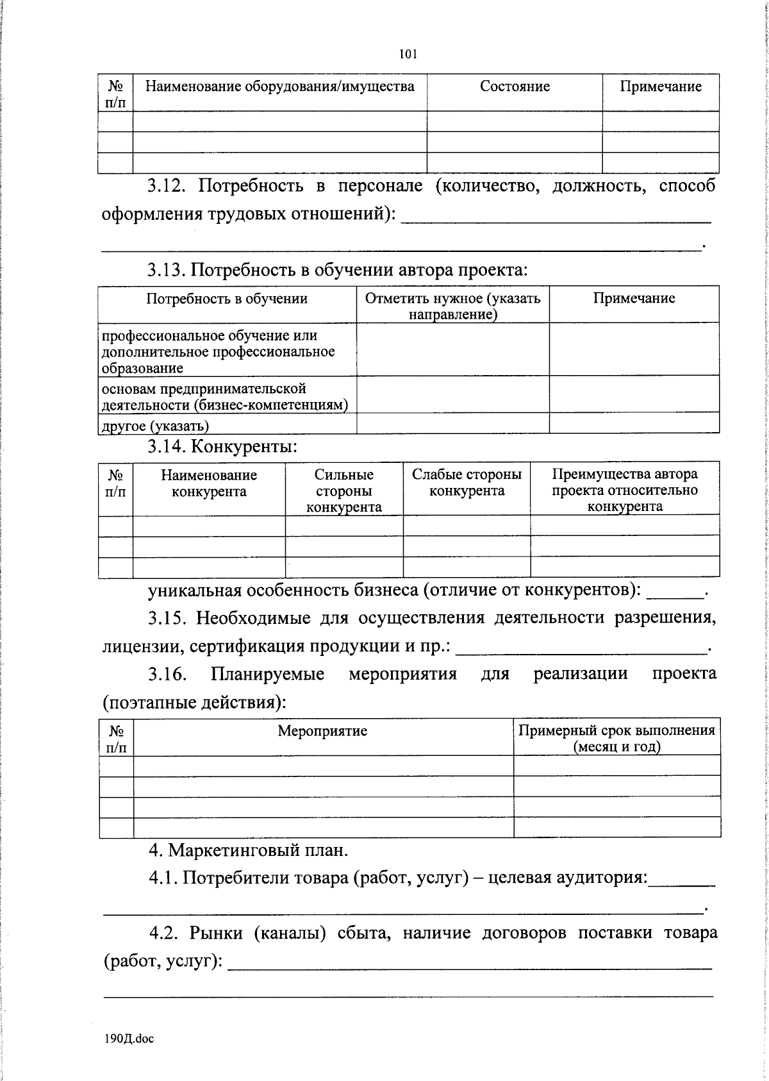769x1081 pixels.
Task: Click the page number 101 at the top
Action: click(x=408, y=54)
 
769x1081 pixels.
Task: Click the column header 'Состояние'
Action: click(x=515, y=87)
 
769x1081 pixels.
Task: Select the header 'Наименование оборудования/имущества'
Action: click(x=279, y=87)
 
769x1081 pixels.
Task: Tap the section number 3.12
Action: click(x=167, y=187)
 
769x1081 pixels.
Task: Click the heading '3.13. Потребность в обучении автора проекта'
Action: click(x=337, y=269)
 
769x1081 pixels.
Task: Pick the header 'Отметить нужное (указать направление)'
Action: click(x=452, y=306)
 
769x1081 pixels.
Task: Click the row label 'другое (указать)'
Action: click(x=155, y=426)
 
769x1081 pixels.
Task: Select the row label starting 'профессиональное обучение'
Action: click(x=218, y=352)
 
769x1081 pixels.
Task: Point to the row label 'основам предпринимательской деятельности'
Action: click(x=224, y=396)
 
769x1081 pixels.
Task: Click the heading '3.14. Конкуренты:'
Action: click(x=222, y=446)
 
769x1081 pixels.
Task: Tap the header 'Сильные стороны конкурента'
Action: click(x=343, y=490)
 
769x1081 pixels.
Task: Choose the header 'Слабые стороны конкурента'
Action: click(x=467, y=483)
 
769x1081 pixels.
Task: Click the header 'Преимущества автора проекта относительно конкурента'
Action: click(x=625, y=490)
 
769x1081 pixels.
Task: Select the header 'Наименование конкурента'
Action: click(x=209, y=483)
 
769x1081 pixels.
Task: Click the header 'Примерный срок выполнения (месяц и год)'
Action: click(x=616, y=738)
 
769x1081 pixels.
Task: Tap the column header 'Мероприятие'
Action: click(x=322, y=731)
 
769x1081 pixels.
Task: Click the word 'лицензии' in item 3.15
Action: click(x=142, y=646)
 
